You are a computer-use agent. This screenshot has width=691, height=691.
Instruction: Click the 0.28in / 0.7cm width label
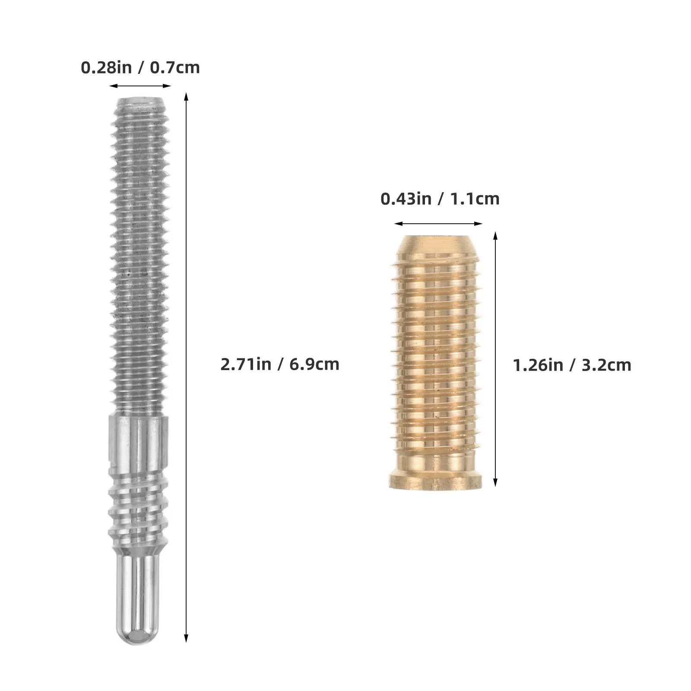pyautogui.click(x=140, y=68)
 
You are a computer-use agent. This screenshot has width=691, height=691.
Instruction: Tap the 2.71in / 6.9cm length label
pyautogui.click(x=280, y=364)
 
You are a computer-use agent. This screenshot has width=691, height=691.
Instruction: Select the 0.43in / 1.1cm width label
pyautogui.click(x=440, y=199)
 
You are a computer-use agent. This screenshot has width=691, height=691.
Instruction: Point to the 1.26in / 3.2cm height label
pyautogui.click(x=572, y=365)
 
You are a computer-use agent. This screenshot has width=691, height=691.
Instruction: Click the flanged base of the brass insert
pyautogui.click(x=435, y=481)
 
